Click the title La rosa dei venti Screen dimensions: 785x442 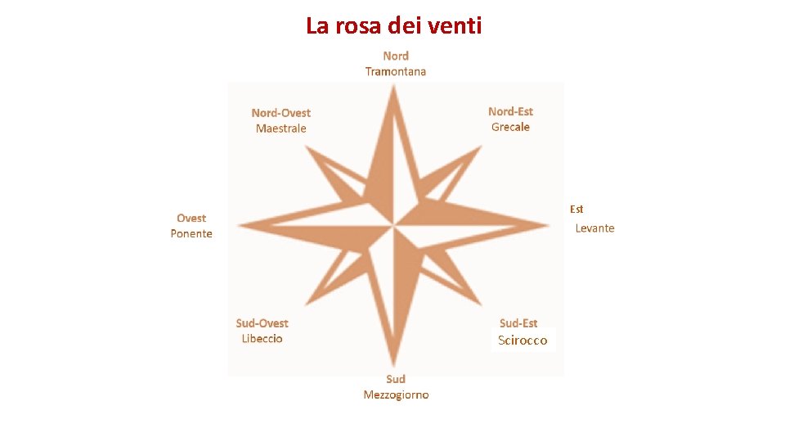394,25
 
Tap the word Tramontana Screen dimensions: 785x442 395,71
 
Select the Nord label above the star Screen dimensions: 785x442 396,56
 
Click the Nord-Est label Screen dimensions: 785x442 510,111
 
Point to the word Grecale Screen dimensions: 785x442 510,127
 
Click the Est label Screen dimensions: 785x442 576,210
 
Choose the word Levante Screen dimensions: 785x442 594,228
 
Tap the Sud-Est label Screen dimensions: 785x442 518,323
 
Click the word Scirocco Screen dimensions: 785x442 523,341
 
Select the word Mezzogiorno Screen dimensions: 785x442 396,395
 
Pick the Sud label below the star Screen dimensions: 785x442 396,379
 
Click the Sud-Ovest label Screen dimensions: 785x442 262,323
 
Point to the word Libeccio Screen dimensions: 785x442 262,339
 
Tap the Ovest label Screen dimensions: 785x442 191,218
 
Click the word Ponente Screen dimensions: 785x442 191,234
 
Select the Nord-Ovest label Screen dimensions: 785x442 280,113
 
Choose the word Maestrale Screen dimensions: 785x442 280,129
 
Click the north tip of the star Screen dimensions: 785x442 394,87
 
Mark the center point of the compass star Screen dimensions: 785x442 394,224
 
